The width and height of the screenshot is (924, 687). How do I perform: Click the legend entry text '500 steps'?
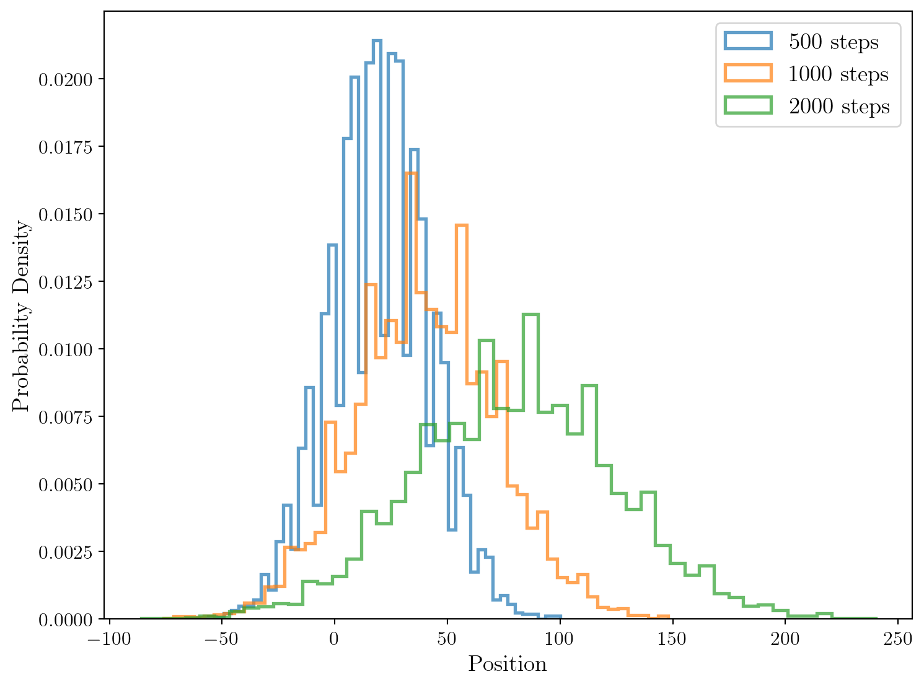coord(834,42)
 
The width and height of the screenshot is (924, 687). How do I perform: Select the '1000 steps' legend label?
coord(838,74)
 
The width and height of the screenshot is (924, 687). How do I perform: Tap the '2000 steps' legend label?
coord(839,107)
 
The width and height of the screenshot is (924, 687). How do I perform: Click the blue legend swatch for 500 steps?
coord(749,42)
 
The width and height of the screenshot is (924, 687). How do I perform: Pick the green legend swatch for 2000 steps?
coord(749,106)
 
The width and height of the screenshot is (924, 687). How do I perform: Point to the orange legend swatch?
coord(749,74)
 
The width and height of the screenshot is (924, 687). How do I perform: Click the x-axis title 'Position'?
coord(508,664)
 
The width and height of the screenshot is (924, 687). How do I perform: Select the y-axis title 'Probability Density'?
coord(21,316)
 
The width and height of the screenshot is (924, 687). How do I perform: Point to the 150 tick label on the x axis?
coord(672,638)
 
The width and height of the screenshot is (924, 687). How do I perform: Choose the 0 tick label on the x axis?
coord(335,638)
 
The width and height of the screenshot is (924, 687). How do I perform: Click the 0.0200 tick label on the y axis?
coord(65,80)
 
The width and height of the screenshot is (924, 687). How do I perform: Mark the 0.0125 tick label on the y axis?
coord(65,282)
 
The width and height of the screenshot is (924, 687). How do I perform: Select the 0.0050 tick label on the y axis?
coord(65,484)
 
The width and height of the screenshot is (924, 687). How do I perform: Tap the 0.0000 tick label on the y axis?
coord(65,619)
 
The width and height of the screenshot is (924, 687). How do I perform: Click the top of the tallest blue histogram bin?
coord(376,41)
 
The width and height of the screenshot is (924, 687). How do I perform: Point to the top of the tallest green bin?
coord(530,315)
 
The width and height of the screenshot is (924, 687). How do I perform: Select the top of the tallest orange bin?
coord(410,173)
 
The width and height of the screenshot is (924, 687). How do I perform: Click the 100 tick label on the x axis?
coord(560,638)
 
